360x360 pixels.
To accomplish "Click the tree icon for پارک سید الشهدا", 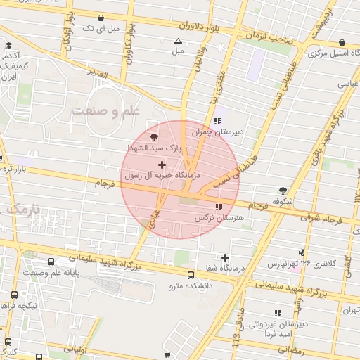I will [x=155, y=137].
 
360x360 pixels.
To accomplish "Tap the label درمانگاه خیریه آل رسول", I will [x=162, y=175].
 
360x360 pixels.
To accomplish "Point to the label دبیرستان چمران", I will [x=240, y=131].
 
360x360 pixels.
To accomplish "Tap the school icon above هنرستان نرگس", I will [x=219, y=207].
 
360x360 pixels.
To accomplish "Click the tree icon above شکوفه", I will [x=283, y=191].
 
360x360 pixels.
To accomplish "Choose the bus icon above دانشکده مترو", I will [x=191, y=275].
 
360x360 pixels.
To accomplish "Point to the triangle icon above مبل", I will [x=178, y=41].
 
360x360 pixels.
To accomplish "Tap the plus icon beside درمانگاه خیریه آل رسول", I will [x=162, y=164].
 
